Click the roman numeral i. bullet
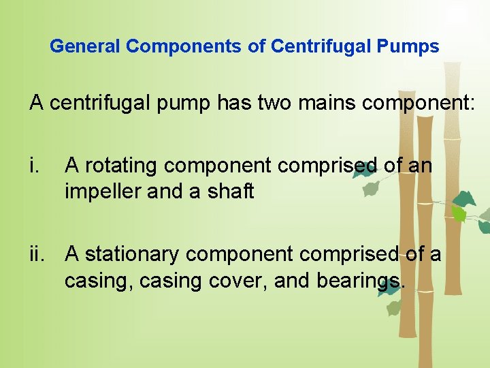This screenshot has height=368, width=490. click(35, 166)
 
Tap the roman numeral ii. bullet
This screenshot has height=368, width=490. click(38, 254)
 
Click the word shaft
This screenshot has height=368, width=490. click(231, 192)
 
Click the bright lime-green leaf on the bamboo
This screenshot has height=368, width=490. click(459, 214)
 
